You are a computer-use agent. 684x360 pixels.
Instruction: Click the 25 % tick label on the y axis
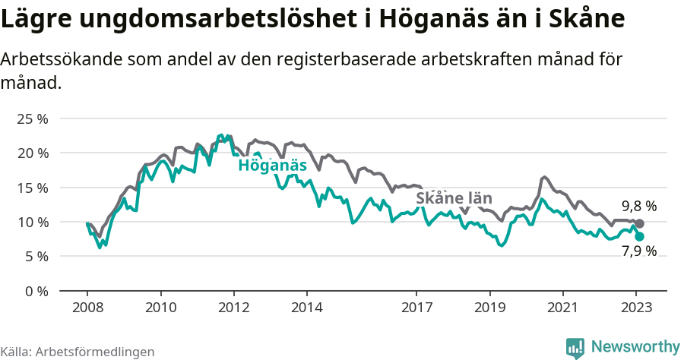pyautogui.click(x=33, y=118)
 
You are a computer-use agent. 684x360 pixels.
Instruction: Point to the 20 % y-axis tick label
pyautogui.click(x=33, y=153)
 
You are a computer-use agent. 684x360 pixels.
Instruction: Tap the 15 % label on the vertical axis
pyautogui.click(x=33, y=188)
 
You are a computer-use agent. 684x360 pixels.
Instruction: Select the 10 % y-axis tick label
pyautogui.click(x=33, y=222)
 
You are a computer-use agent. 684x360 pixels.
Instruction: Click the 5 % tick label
pyautogui.click(x=36, y=257)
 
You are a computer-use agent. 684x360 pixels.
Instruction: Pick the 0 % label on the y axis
pyautogui.click(x=36, y=291)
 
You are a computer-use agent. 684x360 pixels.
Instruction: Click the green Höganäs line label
pyautogui.click(x=272, y=166)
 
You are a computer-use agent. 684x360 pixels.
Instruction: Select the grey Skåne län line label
pyautogui.click(x=454, y=197)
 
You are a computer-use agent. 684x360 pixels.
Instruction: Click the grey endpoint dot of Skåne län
pyautogui.click(x=640, y=223)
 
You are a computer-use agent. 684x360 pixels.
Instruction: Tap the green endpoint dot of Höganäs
pyautogui.click(x=640, y=237)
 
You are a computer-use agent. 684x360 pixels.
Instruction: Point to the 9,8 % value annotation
pyautogui.click(x=639, y=206)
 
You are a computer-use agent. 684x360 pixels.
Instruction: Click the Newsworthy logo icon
pyautogui.click(x=575, y=348)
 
